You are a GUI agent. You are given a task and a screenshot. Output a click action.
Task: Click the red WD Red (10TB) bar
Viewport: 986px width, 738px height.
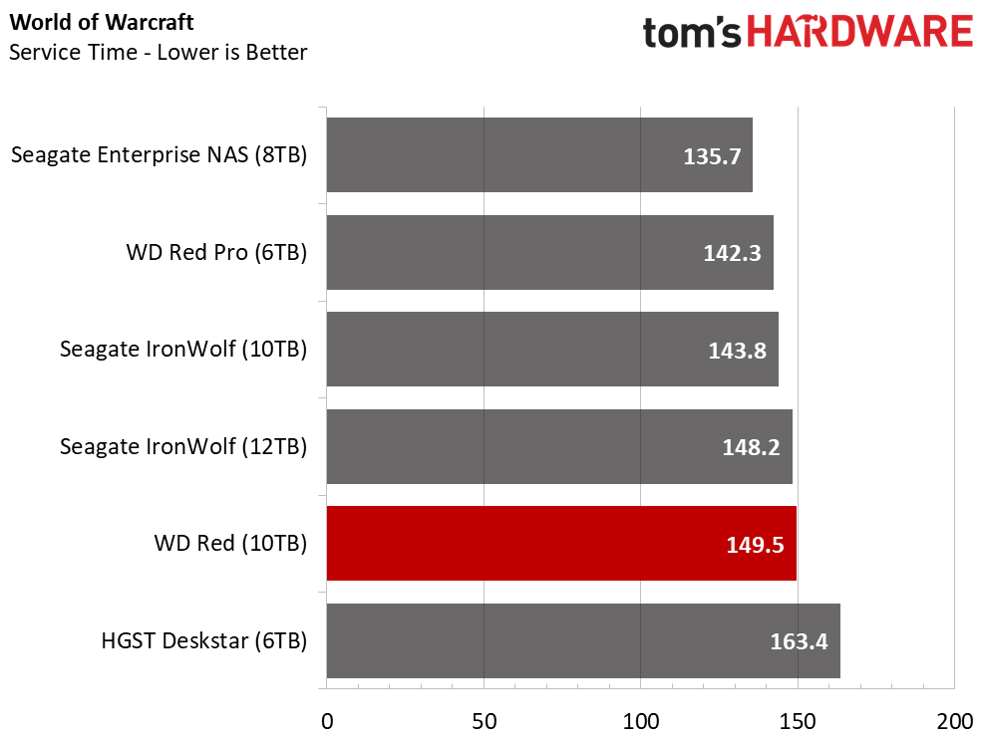coord(561,544)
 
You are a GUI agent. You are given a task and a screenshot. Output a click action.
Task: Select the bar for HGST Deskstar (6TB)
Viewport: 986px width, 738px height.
coord(583,640)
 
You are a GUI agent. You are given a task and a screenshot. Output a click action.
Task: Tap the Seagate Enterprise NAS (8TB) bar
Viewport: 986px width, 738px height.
coord(539,154)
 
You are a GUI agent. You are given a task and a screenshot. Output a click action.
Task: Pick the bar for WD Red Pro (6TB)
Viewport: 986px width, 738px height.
coord(550,253)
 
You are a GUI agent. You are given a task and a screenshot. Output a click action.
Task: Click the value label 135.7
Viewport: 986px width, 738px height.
coord(712,156)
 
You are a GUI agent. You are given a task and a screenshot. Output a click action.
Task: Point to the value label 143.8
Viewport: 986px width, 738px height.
coord(737,351)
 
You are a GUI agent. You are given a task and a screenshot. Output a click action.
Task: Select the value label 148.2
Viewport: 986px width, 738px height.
coord(751,447)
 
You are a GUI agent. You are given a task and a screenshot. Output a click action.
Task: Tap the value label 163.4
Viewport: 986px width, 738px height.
coord(799,641)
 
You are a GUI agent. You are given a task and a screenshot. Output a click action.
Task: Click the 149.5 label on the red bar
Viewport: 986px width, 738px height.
coord(755,545)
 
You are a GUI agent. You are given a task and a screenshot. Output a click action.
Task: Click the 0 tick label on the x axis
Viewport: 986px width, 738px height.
coord(327,722)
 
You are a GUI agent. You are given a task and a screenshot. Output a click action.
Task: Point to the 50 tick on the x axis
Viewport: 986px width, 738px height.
coord(485,722)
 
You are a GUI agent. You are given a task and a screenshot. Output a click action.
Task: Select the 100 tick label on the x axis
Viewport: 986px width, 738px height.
coord(641,722)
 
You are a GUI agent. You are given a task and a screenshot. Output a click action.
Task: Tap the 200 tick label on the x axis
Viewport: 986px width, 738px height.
coord(954,722)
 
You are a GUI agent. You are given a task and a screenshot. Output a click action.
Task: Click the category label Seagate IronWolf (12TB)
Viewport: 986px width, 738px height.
coord(183,446)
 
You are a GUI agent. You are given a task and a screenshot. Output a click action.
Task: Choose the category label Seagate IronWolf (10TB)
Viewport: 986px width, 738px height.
coord(183,350)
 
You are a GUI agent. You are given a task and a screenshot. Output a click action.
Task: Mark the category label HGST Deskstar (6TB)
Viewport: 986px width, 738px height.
coord(204,640)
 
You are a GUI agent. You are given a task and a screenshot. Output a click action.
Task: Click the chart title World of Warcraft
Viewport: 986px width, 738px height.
coord(102,22)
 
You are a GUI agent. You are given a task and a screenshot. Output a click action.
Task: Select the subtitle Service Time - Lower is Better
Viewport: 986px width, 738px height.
coord(158,52)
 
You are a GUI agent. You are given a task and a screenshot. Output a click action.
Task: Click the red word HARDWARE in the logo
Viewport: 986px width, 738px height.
coord(860,32)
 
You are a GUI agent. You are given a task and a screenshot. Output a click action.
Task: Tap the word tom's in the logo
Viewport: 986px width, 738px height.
coord(692,33)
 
